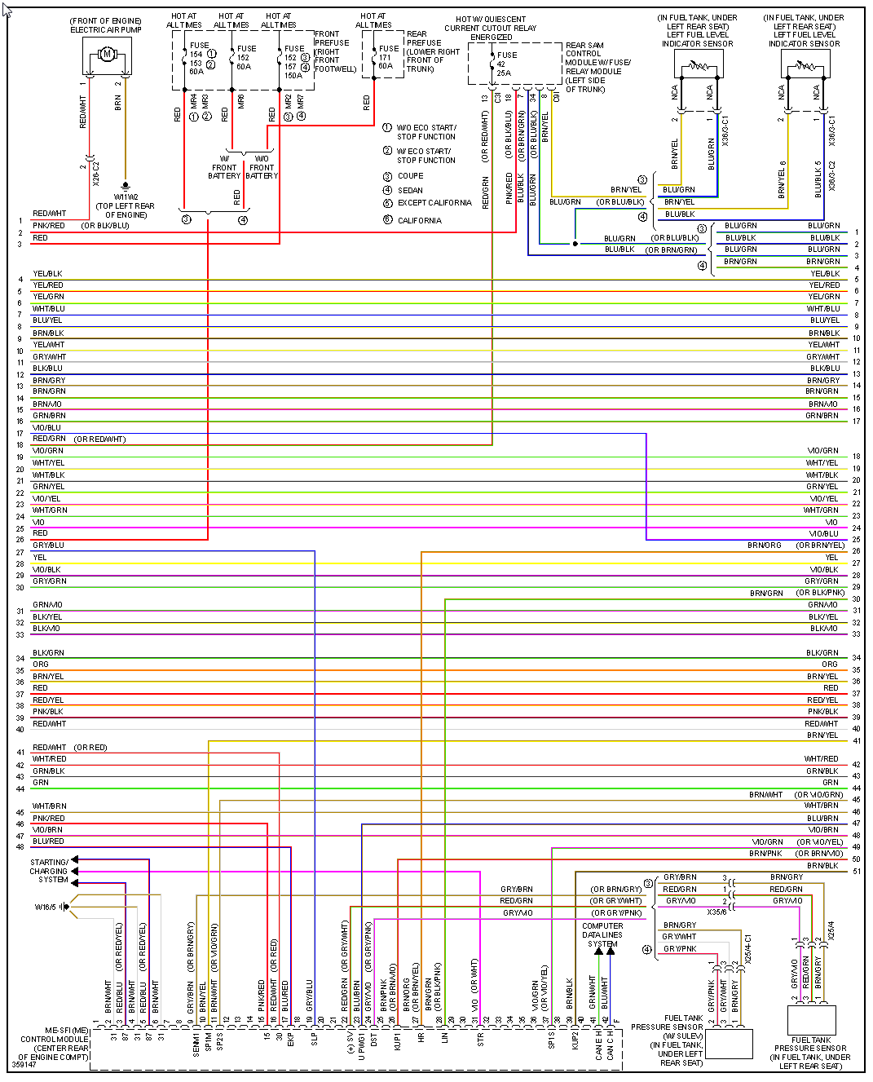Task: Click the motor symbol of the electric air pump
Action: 106,55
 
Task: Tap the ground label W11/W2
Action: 126,197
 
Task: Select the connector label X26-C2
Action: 95,172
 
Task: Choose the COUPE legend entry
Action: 410,176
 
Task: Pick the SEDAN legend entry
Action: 410,191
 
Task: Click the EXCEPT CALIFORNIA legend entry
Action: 434,203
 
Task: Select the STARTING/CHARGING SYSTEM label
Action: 50,871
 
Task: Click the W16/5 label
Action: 46,907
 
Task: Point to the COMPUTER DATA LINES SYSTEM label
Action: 602,934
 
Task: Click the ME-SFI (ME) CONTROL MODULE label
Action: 55,1044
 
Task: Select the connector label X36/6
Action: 716,912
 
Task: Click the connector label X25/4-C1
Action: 748,950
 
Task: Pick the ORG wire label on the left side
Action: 41,665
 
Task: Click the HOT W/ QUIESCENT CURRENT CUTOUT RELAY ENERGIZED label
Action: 491,28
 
